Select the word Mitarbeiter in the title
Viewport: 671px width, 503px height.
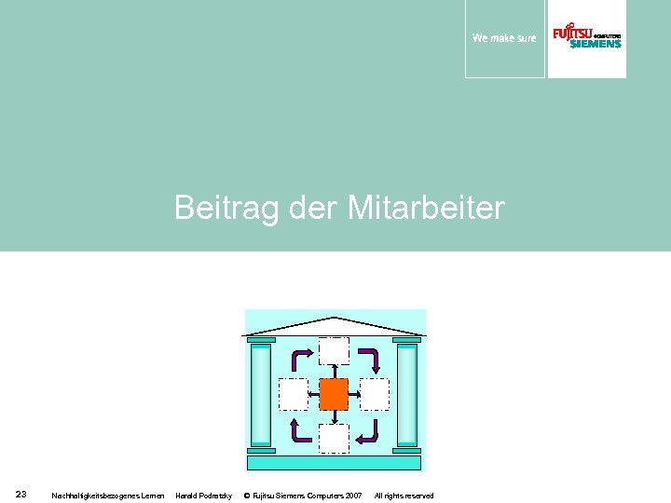pyautogui.click(x=426, y=208)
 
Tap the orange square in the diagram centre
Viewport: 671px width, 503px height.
pyautogui.click(x=334, y=394)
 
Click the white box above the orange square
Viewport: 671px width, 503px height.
pyautogui.click(x=334, y=351)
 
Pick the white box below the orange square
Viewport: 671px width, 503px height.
pyautogui.click(x=334, y=438)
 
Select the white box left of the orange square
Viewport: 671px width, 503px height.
pyautogui.click(x=294, y=394)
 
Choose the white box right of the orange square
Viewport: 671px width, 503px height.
pyautogui.click(x=374, y=394)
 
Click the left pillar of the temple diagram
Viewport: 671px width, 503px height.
pyautogui.click(x=261, y=394)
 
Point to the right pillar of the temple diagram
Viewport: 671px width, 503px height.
pyautogui.click(x=407, y=394)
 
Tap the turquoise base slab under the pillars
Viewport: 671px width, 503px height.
pyautogui.click(x=335, y=463)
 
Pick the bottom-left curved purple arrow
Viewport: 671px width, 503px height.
pyautogui.click(x=301, y=429)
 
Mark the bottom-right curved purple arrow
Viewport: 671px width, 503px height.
pyautogui.click(x=368, y=429)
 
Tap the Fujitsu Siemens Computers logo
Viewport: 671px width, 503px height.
pyautogui.click(x=586, y=37)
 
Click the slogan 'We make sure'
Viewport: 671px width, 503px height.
pyautogui.click(x=504, y=38)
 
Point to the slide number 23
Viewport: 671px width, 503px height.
pyautogui.click(x=21, y=494)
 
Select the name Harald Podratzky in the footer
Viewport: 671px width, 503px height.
pyautogui.click(x=203, y=496)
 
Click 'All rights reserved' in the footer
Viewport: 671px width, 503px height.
pyautogui.click(x=404, y=496)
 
